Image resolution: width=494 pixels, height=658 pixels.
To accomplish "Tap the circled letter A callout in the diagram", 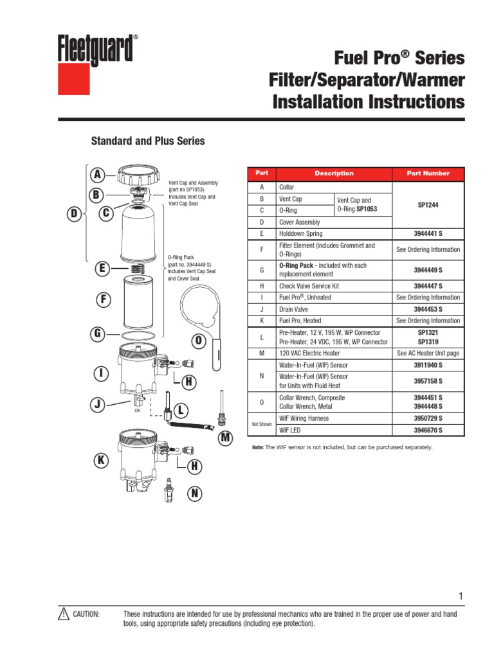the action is tap(98, 175).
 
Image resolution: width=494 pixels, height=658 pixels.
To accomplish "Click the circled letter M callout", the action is tap(225, 438).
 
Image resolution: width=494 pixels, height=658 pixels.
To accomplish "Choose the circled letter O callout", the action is tap(198, 341).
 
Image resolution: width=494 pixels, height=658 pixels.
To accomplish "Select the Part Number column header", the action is tap(428, 173).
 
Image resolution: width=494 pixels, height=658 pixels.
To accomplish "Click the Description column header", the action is tap(334, 173).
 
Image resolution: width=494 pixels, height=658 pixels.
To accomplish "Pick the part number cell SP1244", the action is tap(428, 204).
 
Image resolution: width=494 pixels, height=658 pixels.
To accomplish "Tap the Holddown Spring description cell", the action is tap(301, 234).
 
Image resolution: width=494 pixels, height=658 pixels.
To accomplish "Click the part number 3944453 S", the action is tap(428, 309).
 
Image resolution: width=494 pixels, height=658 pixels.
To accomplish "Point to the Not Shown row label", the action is tap(261, 424).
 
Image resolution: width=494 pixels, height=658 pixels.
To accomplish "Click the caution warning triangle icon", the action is tap(63, 614).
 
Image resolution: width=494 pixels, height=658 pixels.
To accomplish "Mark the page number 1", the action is tap(461, 596).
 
